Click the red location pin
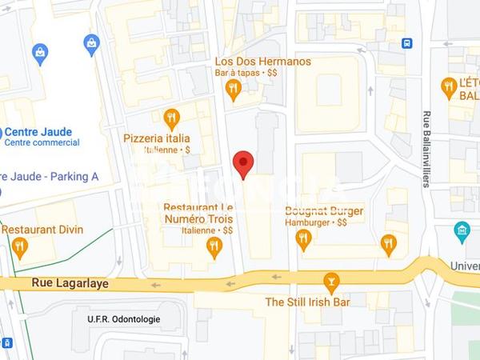243,164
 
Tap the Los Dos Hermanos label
262,62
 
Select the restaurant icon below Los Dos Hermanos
234,90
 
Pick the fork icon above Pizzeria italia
171,118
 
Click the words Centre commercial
42,143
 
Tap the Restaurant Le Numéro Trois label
198,212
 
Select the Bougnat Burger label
324,211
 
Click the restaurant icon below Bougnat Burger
302,238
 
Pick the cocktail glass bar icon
330,282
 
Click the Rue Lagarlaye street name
70,283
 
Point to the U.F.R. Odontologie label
124,319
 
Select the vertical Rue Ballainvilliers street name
426,149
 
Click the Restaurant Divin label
42,230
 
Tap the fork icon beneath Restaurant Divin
20,246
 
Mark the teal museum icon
462,232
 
